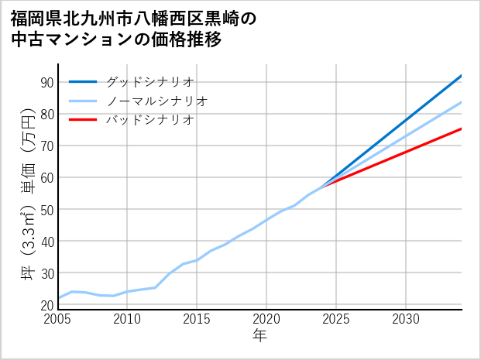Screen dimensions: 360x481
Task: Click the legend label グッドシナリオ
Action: [x=149, y=81]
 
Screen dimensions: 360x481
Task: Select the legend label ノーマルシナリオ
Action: [x=156, y=101]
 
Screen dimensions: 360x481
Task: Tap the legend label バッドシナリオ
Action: [x=149, y=120]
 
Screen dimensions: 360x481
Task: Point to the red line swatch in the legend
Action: [x=83, y=120]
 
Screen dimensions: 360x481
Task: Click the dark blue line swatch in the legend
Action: [x=83, y=81]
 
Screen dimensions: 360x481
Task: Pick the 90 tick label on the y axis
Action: [x=46, y=83]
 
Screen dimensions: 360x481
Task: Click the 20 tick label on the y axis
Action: [x=46, y=305]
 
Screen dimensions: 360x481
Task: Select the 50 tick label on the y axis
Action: [x=46, y=210]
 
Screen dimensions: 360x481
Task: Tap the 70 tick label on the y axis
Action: [x=46, y=146]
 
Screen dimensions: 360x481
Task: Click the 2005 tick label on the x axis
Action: [x=58, y=319]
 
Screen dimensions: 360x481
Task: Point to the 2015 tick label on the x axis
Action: [x=197, y=319]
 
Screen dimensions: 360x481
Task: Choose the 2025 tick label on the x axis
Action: [x=336, y=319]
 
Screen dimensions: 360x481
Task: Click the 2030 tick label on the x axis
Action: [x=406, y=319]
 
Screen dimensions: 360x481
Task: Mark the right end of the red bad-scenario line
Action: [x=461, y=129]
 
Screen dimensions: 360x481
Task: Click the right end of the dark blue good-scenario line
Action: [x=461, y=76]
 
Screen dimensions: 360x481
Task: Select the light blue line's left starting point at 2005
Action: [x=59, y=298]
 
